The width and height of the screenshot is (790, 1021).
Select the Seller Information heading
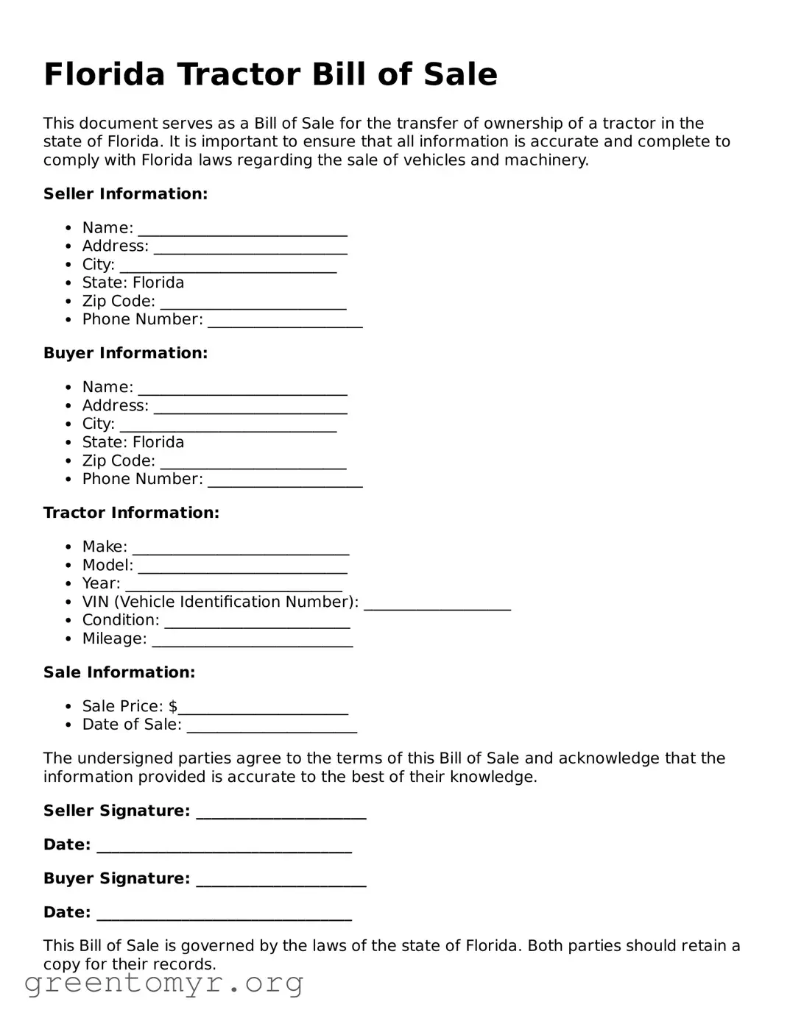tap(125, 194)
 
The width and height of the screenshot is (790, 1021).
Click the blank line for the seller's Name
tap(242, 230)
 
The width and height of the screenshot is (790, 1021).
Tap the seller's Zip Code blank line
tap(253, 303)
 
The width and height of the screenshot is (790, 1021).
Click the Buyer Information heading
tap(125, 353)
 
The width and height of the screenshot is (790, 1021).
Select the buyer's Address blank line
tap(250, 407)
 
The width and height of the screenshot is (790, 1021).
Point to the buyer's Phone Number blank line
tap(285, 480)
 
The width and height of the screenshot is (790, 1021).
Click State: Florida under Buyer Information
tap(133, 442)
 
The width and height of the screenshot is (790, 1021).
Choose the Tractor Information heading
tap(131, 513)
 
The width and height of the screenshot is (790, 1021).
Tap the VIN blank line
tap(437, 603)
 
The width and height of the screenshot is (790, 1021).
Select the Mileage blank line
tap(252, 640)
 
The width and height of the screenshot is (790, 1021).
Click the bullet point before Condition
tap(68, 621)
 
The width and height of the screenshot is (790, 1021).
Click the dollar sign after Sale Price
tap(173, 706)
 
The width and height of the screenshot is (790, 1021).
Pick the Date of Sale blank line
tap(272, 726)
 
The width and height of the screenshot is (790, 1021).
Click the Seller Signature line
tap(281, 812)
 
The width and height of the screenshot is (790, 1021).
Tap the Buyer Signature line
tap(281, 880)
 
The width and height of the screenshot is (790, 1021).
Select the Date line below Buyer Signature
tap(224, 914)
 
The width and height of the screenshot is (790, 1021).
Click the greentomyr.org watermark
tap(163, 983)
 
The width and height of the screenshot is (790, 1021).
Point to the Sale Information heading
tap(119, 672)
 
